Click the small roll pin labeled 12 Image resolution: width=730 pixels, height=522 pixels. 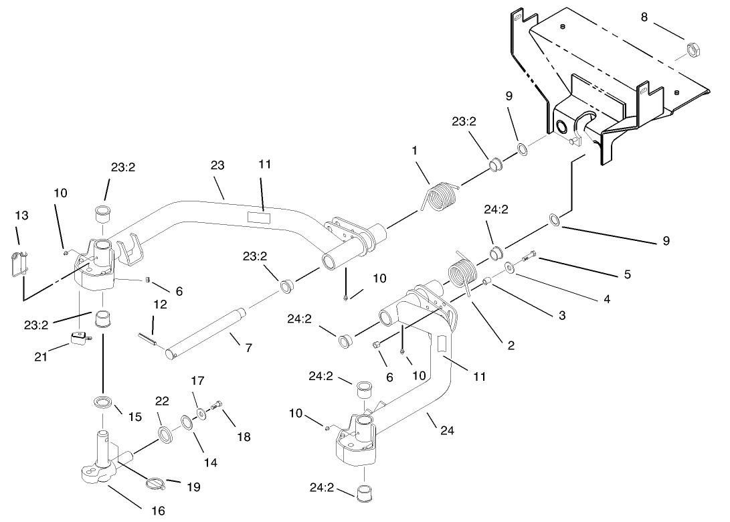click(x=147, y=339)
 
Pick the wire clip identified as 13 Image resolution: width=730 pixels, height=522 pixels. click(x=21, y=262)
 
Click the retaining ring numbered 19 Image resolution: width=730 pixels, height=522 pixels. click(x=155, y=480)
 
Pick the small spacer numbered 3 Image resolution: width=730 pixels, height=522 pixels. click(x=488, y=279)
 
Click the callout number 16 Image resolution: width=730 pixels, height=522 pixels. click(x=157, y=511)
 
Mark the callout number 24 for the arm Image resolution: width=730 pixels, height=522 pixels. click(x=447, y=431)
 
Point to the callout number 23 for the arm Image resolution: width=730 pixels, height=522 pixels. click(x=217, y=165)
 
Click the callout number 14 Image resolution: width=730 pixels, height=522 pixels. click(x=210, y=462)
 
